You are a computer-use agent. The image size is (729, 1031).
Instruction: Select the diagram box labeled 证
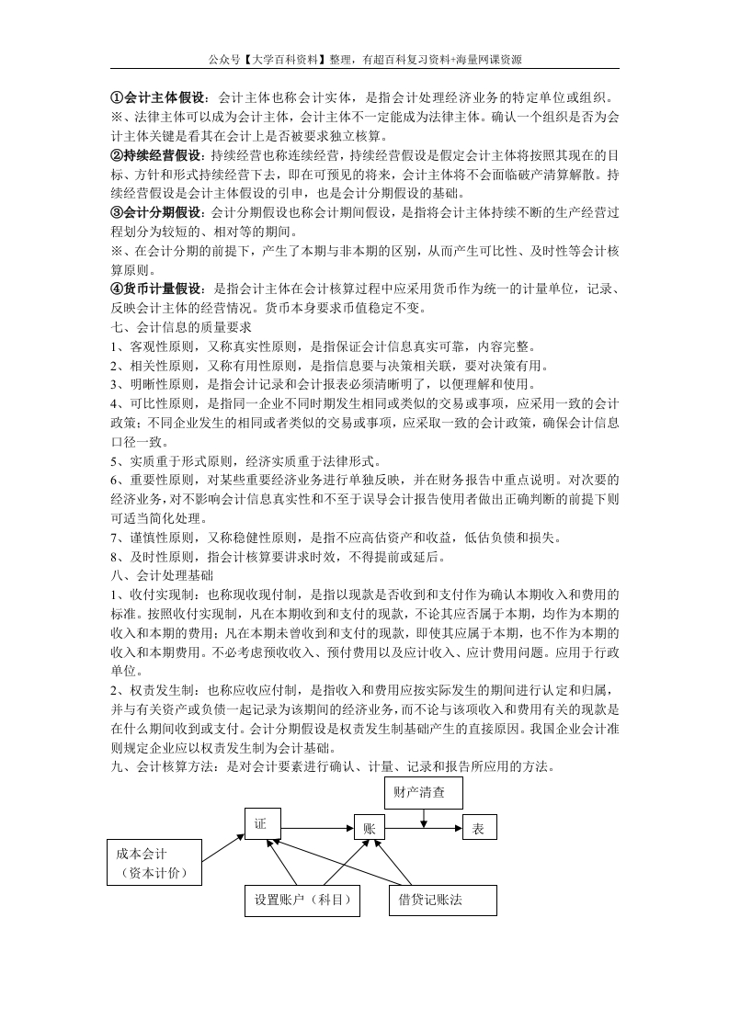pos(261,824)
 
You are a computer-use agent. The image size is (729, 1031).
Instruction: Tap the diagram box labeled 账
pos(370,828)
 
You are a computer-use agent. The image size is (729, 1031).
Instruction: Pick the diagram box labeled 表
pos(478,828)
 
